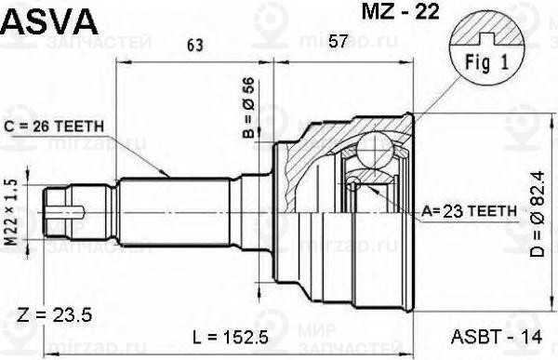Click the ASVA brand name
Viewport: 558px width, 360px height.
40,18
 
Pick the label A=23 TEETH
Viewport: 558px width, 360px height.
470,211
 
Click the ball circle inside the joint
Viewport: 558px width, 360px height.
377,149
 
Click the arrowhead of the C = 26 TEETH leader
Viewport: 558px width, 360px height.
166,174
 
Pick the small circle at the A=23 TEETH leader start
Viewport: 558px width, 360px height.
352,186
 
